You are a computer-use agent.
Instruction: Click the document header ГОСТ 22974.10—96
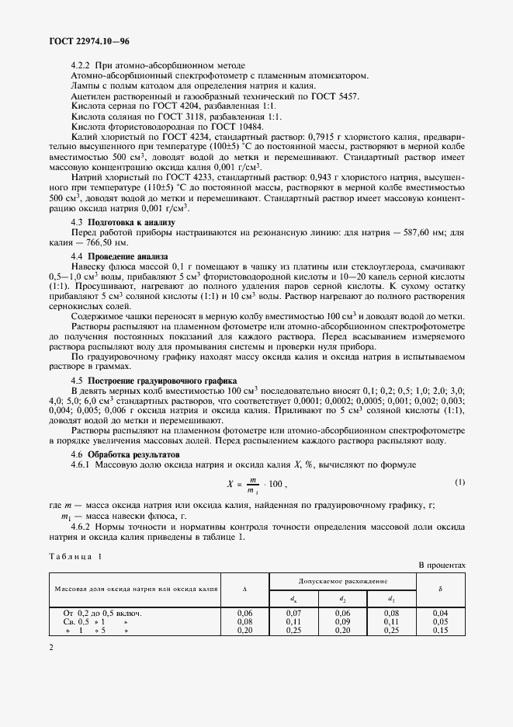pos(87,40)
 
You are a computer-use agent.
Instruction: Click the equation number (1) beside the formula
pos(459,482)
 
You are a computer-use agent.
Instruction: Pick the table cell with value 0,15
pos(440,630)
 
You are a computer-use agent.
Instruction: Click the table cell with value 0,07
pos(293,614)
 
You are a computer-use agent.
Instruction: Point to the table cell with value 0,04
pos(440,614)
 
